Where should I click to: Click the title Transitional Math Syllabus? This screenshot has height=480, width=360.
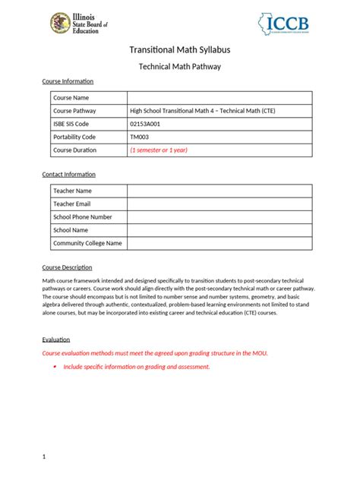[x=180, y=50]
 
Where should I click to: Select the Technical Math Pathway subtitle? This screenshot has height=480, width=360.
[x=180, y=67]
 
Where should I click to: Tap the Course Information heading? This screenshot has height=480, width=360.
[x=68, y=81]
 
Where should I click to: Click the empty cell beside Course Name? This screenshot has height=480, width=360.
[x=219, y=98]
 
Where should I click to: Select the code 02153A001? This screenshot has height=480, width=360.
[x=146, y=124]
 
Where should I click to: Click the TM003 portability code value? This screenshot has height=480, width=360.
[x=140, y=137]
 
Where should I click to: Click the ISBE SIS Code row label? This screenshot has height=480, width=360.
[x=71, y=124]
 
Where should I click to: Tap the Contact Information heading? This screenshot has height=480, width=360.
[x=68, y=175]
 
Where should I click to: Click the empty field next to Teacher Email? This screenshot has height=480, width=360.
[x=219, y=204]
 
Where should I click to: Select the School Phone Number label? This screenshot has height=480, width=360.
[x=82, y=216]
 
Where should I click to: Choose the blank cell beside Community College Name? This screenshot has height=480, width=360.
[x=219, y=243]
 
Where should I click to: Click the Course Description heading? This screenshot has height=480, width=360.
[x=67, y=267]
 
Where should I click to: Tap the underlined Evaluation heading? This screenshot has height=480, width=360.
[x=55, y=339]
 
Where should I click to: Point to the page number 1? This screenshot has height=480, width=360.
[x=44, y=456]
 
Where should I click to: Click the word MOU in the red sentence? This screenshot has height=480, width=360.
[x=260, y=353]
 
